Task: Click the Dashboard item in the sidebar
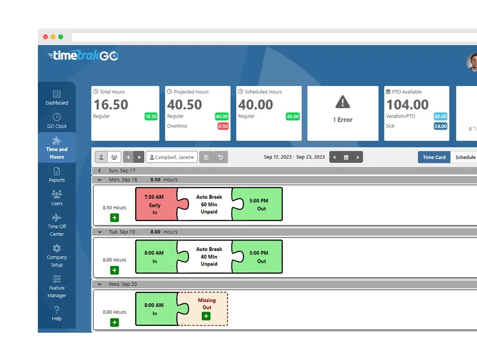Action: pyautogui.click(x=57, y=97)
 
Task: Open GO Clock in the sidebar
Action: pyautogui.click(x=57, y=121)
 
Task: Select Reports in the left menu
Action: pyautogui.click(x=57, y=175)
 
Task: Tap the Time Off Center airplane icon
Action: pyautogui.click(x=57, y=218)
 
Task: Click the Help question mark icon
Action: pyautogui.click(x=57, y=310)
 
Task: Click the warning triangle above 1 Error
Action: pyautogui.click(x=342, y=102)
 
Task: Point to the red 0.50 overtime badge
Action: pyautogui.click(x=223, y=127)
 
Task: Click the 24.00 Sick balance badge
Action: pyautogui.click(x=440, y=127)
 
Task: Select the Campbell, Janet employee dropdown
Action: pyautogui.click(x=171, y=157)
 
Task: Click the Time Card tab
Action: pyautogui.click(x=434, y=157)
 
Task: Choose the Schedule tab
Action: pyautogui.click(x=465, y=157)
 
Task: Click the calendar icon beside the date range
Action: pyautogui.click(x=346, y=157)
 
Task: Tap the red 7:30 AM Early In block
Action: pyautogui.click(x=155, y=205)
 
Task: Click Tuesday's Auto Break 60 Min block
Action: pyautogui.click(x=209, y=257)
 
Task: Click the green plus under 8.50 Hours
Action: pyautogui.click(x=114, y=218)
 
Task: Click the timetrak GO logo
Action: pyautogui.click(x=83, y=56)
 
